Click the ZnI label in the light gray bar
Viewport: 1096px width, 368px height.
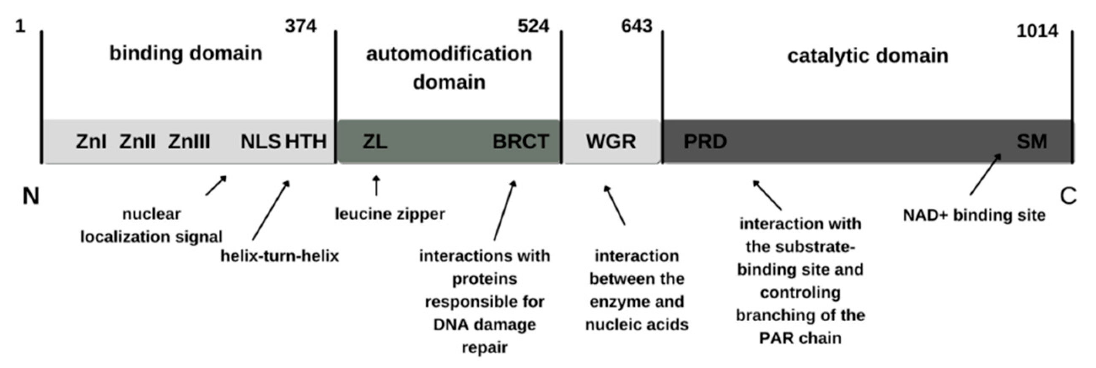pos(91,142)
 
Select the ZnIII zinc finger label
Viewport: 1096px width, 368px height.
pos(189,142)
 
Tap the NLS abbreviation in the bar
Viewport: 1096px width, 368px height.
pos(260,142)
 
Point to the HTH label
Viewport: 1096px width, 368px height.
pos(305,142)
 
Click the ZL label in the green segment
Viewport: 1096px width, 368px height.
pos(375,142)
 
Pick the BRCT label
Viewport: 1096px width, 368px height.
pos(520,142)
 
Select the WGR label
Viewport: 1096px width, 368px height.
pos(611,142)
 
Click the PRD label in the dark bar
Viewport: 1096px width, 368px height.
pos(705,142)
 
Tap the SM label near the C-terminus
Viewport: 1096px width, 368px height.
pos(1032,142)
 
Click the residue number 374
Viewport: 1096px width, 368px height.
pos(301,27)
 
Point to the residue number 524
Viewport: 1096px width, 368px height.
pos(533,27)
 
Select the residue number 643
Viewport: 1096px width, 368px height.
pos(636,27)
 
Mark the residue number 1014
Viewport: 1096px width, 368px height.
pos(1037,32)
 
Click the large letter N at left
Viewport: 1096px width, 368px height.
pos(31,196)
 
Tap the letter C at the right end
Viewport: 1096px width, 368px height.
pos(1068,196)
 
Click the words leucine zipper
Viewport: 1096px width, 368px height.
pos(390,214)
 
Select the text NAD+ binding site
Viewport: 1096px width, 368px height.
pos(974,215)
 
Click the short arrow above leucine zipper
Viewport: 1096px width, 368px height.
pos(376,185)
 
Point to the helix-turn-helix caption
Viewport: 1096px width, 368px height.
pos(280,256)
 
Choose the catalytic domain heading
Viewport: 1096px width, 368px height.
pos(867,56)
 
